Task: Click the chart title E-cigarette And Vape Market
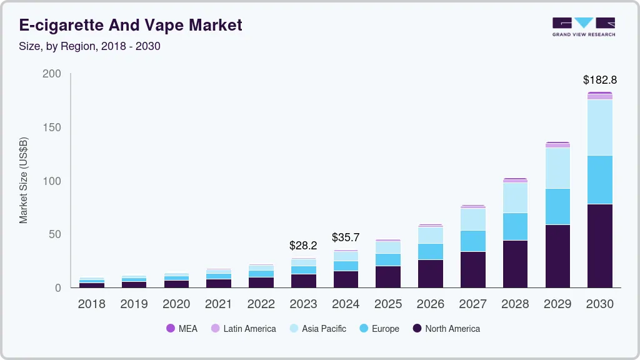click(131, 25)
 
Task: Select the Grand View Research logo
click(583, 27)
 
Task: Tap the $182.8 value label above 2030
click(599, 80)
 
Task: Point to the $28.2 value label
click(303, 245)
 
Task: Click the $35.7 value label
click(346, 237)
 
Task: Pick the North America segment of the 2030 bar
click(599, 246)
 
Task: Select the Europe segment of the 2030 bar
click(599, 179)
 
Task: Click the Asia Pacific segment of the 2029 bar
click(557, 168)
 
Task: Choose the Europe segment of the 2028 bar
click(515, 226)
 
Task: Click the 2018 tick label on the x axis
click(91, 304)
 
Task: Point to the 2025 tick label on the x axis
click(388, 304)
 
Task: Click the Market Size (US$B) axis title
click(24, 180)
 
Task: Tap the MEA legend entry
click(182, 329)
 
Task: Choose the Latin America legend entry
click(243, 329)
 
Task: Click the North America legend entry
click(446, 329)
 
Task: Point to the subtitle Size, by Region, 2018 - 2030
click(89, 46)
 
